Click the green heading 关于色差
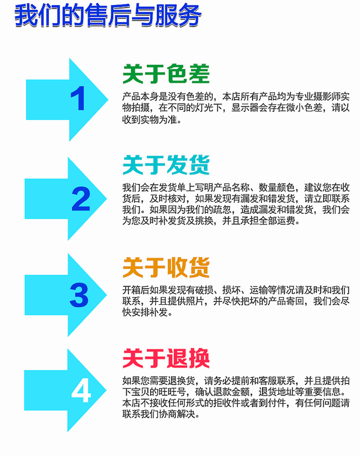click(x=166, y=75)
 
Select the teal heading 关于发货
click(x=166, y=165)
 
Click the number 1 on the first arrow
click(x=78, y=100)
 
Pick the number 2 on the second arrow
click(x=81, y=199)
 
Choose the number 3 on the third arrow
click(x=79, y=295)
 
